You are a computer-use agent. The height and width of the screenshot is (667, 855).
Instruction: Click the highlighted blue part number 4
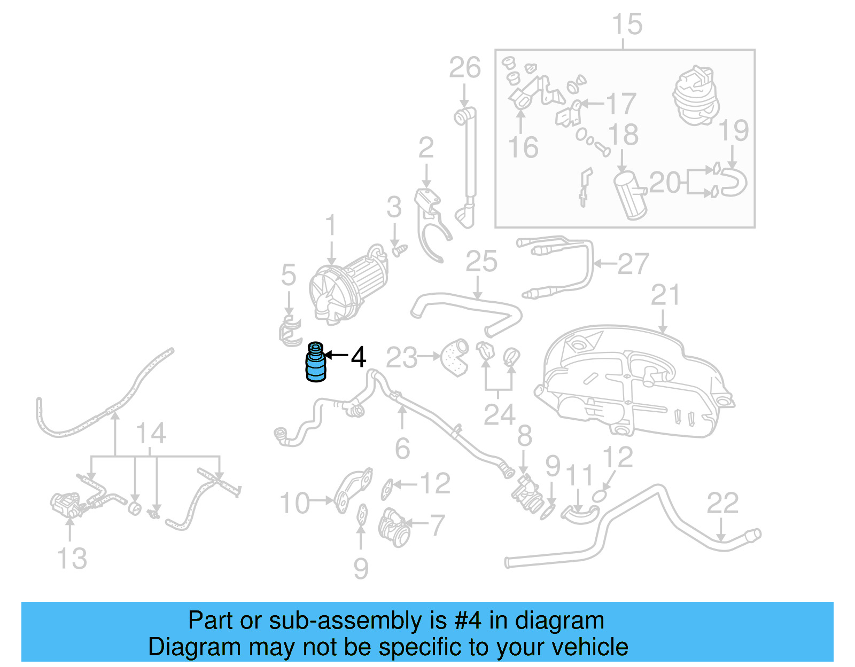point(315,364)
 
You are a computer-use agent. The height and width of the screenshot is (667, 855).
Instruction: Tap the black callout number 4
point(359,357)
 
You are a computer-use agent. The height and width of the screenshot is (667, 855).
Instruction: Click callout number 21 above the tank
point(665,295)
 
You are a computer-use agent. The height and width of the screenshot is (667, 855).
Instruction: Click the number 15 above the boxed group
point(627,25)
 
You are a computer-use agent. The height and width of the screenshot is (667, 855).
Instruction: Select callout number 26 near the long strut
point(464,68)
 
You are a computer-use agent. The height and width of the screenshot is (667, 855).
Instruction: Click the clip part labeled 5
point(290,332)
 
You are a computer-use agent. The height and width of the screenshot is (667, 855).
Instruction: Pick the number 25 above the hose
point(481,262)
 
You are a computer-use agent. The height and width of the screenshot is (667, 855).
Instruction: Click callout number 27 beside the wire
point(633,264)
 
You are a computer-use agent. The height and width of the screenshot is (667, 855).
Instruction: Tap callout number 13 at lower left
point(72,559)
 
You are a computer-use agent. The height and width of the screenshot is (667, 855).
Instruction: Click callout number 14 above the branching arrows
point(151,433)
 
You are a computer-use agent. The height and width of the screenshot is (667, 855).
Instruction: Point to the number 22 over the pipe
point(722,503)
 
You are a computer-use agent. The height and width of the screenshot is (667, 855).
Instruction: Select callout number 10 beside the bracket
point(294,503)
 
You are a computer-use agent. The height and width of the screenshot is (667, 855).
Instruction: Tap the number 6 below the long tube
point(402,449)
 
